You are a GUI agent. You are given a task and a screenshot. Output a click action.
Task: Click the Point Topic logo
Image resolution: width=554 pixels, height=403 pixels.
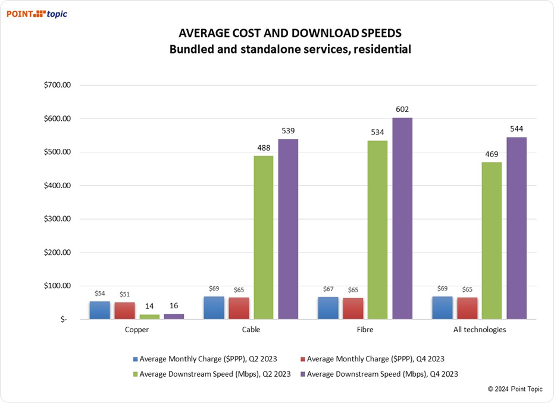click(37, 14)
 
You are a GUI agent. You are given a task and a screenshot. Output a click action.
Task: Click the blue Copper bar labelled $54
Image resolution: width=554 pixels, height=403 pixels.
click(100, 310)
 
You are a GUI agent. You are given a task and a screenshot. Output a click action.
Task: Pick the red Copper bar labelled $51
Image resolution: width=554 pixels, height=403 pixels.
click(125, 310)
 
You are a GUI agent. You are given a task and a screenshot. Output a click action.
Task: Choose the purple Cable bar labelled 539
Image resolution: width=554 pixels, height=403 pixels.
click(289, 229)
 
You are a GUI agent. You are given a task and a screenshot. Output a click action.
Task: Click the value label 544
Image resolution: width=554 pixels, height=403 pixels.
click(517, 129)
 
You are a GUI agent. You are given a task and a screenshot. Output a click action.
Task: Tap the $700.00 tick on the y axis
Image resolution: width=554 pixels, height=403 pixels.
click(58, 85)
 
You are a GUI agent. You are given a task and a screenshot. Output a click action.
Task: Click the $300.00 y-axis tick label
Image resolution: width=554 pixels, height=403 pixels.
click(58, 218)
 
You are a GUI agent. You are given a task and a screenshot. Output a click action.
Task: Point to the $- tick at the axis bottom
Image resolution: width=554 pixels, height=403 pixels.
click(64, 319)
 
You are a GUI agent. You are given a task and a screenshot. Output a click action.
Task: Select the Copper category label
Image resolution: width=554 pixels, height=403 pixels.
click(137, 330)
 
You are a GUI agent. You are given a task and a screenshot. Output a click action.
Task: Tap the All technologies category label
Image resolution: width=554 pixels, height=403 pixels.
click(479, 330)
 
